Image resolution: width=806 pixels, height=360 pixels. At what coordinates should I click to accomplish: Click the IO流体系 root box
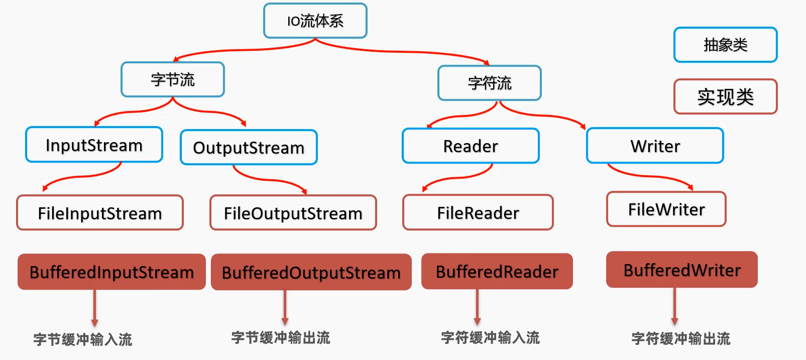[x=315, y=21]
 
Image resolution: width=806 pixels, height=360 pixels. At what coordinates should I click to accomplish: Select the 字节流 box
[x=173, y=79]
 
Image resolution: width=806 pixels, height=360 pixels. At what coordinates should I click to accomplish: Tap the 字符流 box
[x=490, y=83]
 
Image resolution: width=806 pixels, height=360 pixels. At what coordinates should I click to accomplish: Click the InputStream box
[x=94, y=145]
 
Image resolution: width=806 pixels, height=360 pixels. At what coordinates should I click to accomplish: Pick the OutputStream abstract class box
[x=249, y=148]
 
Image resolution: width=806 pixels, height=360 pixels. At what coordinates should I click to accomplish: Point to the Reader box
[x=471, y=146]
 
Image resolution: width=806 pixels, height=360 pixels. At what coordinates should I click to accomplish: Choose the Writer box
[x=655, y=146]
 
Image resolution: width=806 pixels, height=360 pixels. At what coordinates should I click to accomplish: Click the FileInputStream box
[x=100, y=213]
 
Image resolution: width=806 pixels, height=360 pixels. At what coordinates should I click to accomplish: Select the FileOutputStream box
[x=293, y=213]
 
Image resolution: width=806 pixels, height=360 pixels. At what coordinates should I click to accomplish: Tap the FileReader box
[x=478, y=212]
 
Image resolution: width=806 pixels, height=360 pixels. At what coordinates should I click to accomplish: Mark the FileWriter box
[x=666, y=209]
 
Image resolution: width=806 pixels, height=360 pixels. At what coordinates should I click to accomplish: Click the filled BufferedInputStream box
[x=111, y=272]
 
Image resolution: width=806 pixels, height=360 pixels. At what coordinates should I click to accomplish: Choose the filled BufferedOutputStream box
[x=311, y=273]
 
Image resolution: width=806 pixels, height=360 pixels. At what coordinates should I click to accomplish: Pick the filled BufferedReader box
[x=497, y=272]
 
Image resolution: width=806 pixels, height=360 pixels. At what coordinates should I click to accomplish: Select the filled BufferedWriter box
[x=682, y=270]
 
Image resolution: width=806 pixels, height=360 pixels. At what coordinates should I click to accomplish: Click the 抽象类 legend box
[x=726, y=45]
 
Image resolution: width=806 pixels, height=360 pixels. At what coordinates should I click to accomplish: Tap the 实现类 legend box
[x=726, y=96]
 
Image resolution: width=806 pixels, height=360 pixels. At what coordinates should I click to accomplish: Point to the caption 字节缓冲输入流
[x=83, y=339]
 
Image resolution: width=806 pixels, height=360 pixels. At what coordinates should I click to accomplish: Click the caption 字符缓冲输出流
[x=681, y=338]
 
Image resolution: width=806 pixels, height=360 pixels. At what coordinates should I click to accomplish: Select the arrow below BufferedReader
[x=477, y=307]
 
